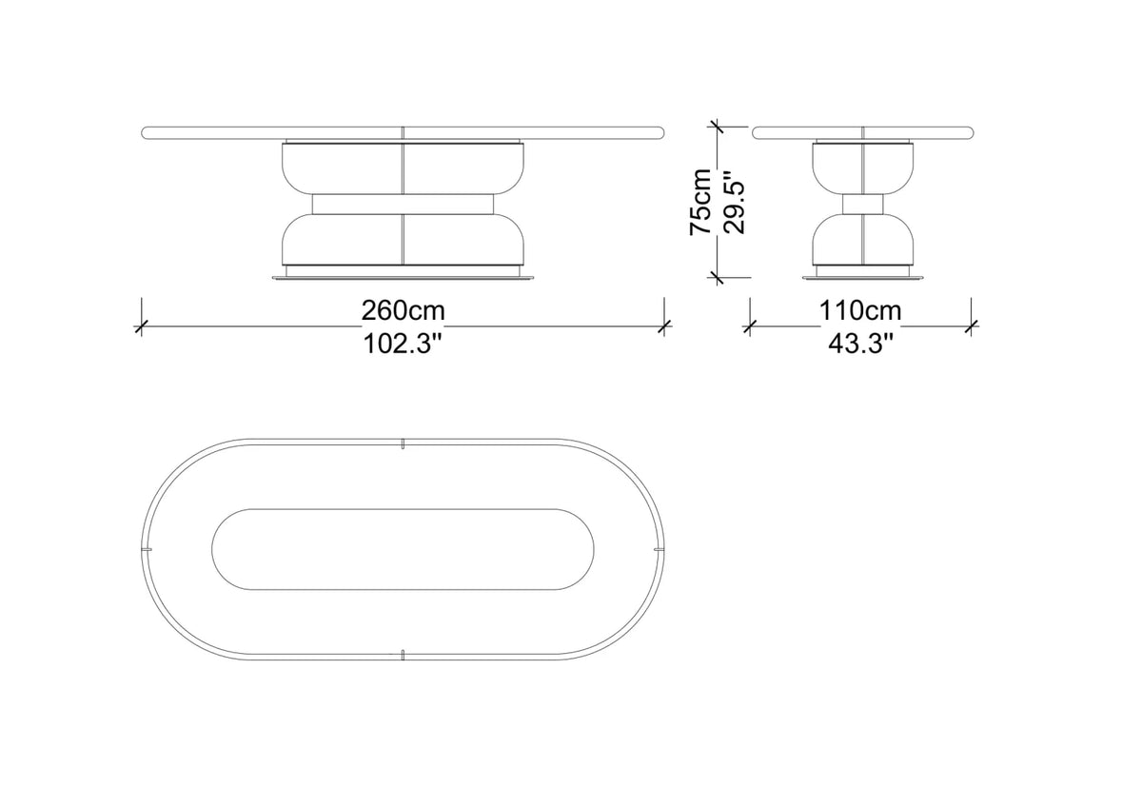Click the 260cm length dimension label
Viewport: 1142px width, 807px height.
[x=403, y=310]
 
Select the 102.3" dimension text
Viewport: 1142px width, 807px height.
[x=402, y=344]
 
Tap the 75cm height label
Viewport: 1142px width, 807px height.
[x=700, y=202]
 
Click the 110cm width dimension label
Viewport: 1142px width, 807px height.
[x=860, y=310]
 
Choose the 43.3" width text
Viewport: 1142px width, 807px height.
[x=861, y=344]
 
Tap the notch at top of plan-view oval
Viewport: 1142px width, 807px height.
[x=403, y=443]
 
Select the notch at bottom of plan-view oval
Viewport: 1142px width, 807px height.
[x=403, y=655]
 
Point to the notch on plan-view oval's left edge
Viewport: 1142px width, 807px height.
[x=147, y=549]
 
